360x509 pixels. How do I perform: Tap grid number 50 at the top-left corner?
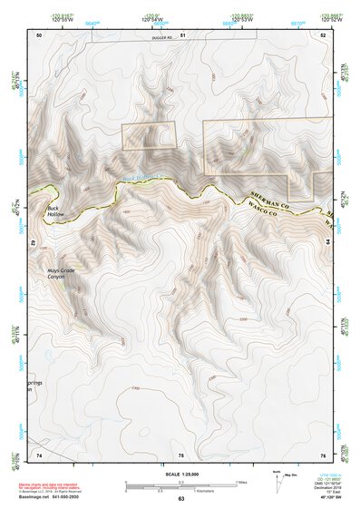[39, 34]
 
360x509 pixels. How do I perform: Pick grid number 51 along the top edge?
[182, 34]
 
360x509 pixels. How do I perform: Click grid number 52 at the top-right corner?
[323, 34]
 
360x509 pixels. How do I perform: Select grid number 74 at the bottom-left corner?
[39, 454]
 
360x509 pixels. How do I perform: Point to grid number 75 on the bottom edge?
[180, 454]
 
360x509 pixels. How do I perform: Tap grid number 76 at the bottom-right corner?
[323, 454]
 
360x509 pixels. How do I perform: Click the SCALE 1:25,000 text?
[180, 475]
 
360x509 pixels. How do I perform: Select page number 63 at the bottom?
[180, 499]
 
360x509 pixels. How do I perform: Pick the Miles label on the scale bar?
[240, 481]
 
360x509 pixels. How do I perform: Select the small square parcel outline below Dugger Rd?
[149, 135]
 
